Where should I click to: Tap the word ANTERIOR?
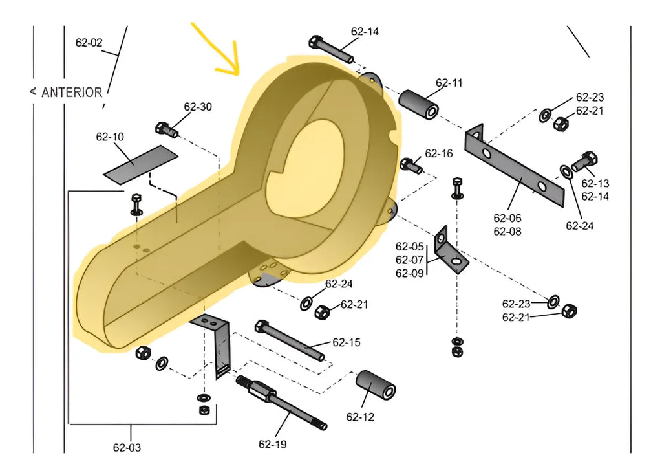point(71,93)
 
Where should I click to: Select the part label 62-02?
point(89,43)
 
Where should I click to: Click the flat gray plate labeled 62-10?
point(140,163)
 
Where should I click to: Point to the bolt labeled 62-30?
point(166,129)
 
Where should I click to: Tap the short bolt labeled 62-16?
point(411,165)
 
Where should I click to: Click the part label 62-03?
point(127,447)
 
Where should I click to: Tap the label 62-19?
point(272,444)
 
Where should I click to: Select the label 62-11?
point(449,83)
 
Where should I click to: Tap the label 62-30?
point(198,107)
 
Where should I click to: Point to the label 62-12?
point(360,417)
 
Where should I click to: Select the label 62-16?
point(439,153)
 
